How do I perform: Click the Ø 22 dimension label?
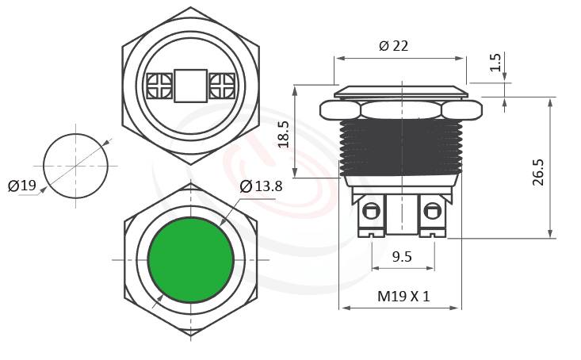pos(393,46)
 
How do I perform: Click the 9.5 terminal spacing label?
pos(402,256)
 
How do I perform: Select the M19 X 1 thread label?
pos(403,297)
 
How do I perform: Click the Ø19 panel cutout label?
pos(22,186)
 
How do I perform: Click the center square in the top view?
pos(190,85)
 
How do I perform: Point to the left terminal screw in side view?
pos(370,212)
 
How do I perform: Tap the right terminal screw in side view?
pos(432,212)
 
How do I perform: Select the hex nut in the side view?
pos(399,109)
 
